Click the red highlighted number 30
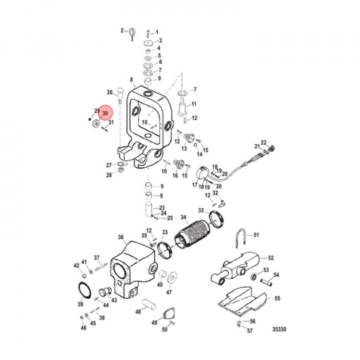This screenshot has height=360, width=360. pyautogui.click(x=105, y=114)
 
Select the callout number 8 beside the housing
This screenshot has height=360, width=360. pyautogui.click(x=131, y=79)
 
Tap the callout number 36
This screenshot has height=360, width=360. pyautogui.click(x=121, y=237)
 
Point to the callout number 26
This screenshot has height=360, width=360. pyautogui.click(x=110, y=92)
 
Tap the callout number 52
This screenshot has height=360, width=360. pyautogui.click(x=271, y=258)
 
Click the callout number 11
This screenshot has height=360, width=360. pyautogui.click(x=194, y=104)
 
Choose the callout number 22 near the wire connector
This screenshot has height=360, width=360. pyautogui.click(x=263, y=142)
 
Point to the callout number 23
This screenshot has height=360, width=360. pyautogui.click(x=161, y=208)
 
